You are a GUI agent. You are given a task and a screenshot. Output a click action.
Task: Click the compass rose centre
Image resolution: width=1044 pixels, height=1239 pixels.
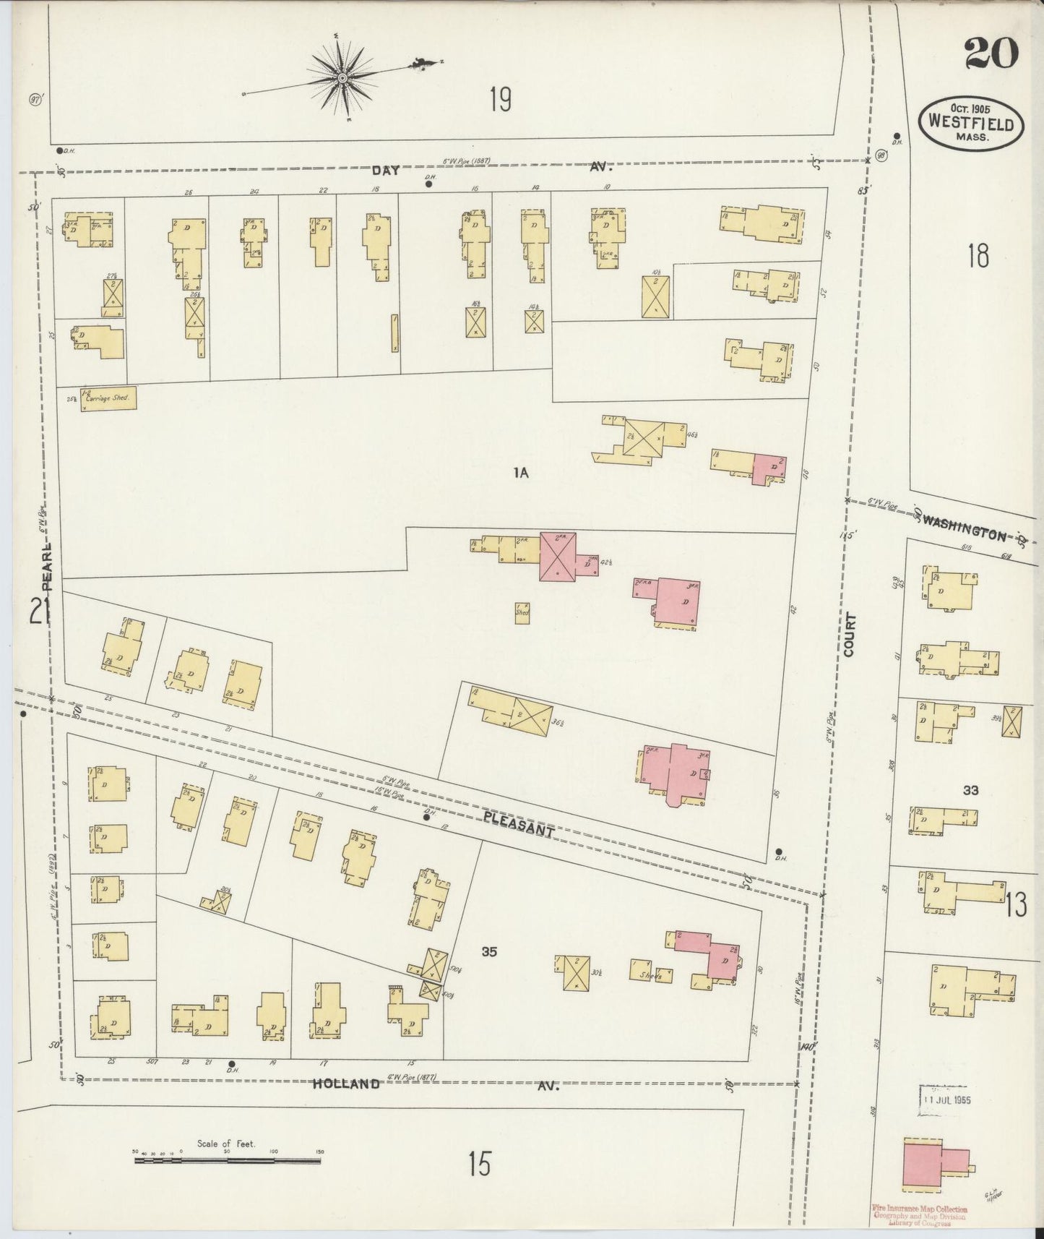(x=342, y=77)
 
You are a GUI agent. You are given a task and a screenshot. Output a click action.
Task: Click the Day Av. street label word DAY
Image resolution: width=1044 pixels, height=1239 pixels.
(x=386, y=171)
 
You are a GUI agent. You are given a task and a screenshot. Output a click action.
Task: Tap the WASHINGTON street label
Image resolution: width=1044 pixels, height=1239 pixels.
(x=965, y=530)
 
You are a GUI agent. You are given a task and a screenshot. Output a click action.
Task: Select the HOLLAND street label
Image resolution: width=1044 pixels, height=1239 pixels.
(x=347, y=1084)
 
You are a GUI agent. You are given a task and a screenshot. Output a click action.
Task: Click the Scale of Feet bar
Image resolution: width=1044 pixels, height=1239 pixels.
(x=227, y=1161)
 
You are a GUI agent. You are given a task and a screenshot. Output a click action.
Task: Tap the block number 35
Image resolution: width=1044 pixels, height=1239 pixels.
(x=489, y=952)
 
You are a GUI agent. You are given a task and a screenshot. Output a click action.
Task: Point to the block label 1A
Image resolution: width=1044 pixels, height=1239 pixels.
(x=522, y=473)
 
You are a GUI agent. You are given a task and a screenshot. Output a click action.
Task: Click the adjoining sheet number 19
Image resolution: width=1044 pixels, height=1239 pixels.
(x=500, y=99)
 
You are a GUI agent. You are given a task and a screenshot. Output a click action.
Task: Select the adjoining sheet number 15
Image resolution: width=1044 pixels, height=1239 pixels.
(x=479, y=1165)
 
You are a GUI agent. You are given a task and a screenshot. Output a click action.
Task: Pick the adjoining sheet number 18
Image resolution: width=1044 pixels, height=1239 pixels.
(x=977, y=255)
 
